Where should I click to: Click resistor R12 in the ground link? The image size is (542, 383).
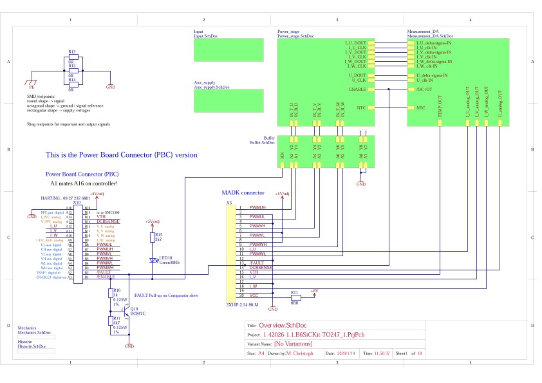tap(73, 57)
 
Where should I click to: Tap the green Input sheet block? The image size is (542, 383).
tap(229, 50)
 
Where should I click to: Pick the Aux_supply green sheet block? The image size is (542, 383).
tap(229, 100)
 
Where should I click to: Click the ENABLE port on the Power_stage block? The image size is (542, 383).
tap(358, 89)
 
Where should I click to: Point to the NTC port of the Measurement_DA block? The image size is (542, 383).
tap(420, 107)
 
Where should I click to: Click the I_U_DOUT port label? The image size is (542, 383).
tap(357, 43)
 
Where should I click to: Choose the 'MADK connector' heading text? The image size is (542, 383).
tap(243, 192)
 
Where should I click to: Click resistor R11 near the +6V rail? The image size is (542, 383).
tap(295, 298)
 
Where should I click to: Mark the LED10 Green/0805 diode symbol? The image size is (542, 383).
tap(153, 261)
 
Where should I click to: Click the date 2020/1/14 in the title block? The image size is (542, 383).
tap(347, 354)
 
